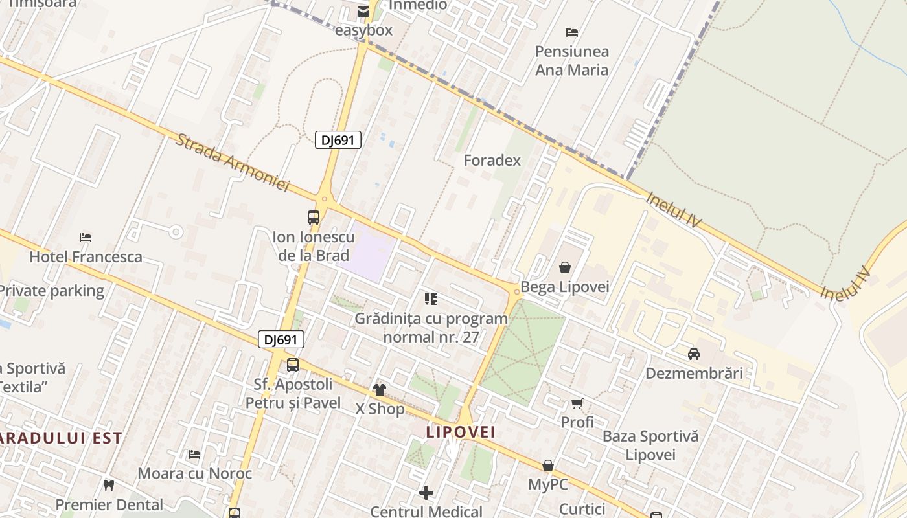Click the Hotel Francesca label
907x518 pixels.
(86, 257)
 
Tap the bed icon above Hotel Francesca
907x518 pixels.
(86, 238)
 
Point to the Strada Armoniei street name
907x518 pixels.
(231, 163)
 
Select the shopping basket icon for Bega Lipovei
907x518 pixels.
(565, 267)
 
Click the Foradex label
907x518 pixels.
(492, 161)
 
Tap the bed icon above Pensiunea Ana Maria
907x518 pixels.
(572, 32)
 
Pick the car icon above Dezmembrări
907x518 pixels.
(694, 354)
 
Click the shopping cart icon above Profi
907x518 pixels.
(577, 403)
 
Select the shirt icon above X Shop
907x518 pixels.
(380, 390)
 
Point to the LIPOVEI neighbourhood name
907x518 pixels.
(461, 432)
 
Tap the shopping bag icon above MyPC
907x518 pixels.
(548, 466)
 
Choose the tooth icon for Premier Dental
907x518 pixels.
(109, 485)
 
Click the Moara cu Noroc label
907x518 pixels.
(194, 473)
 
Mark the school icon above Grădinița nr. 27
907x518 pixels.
(431, 299)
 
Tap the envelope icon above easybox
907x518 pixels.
(363, 11)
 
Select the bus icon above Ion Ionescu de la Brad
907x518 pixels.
(314, 218)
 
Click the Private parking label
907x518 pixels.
(52, 291)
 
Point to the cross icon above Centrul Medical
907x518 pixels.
(426, 493)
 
